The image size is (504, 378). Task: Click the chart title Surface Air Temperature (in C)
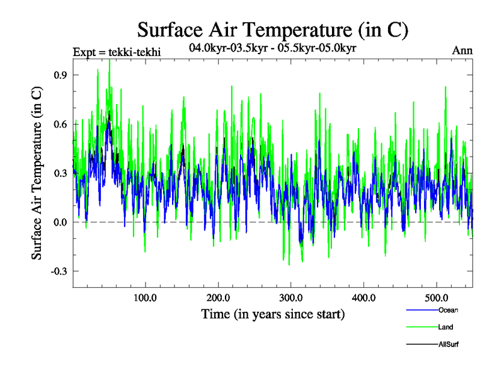click(x=273, y=29)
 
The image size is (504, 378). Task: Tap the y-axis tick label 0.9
click(x=60, y=74)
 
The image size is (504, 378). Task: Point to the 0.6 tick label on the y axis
click(x=60, y=123)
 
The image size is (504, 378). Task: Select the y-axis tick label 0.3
click(x=60, y=173)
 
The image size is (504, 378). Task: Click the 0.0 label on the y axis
click(x=60, y=222)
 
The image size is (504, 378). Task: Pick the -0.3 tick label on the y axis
click(x=58, y=271)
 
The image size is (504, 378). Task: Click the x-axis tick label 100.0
click(x=146, y=297)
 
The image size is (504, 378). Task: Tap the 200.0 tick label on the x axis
click(x=218, y=297)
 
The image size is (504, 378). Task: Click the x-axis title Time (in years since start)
click(x=273, y=314)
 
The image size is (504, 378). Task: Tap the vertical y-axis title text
click(x=38, y=173)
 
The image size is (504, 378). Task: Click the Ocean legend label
click(x=448, y=310)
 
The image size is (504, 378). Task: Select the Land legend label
click(x=445, y=327)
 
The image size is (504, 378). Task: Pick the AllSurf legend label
click(x=449, y=344)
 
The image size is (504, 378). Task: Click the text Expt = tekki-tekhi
click(x=117, y=52)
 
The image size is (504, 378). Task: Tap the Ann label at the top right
click(x=462, y=51)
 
